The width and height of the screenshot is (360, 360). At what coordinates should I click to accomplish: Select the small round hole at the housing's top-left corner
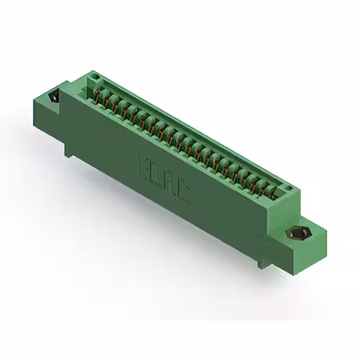[95, 76]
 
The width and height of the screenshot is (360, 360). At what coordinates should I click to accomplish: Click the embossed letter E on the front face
[143, 167]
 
